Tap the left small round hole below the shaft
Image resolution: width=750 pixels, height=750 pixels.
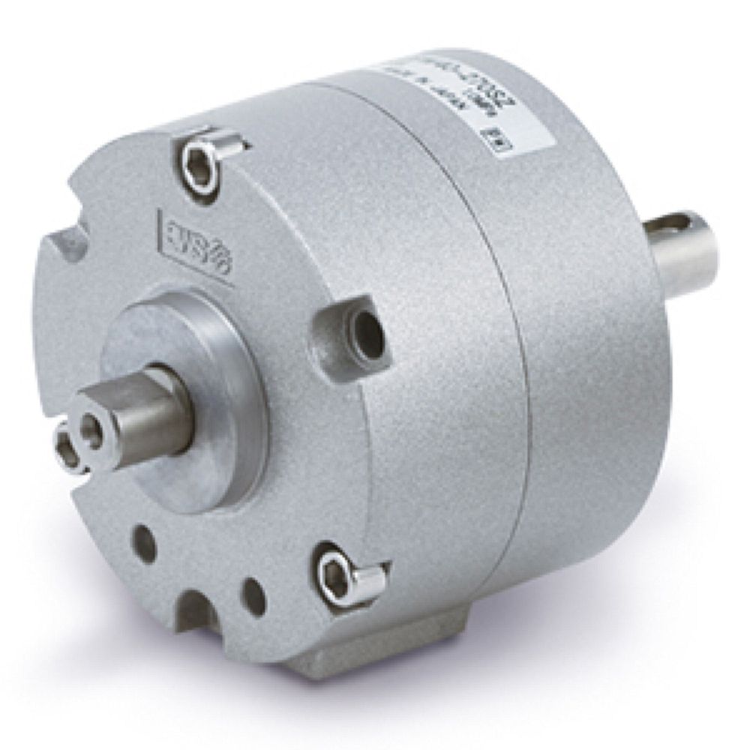[144, 543]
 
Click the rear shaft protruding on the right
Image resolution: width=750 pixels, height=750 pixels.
[686, 251]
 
